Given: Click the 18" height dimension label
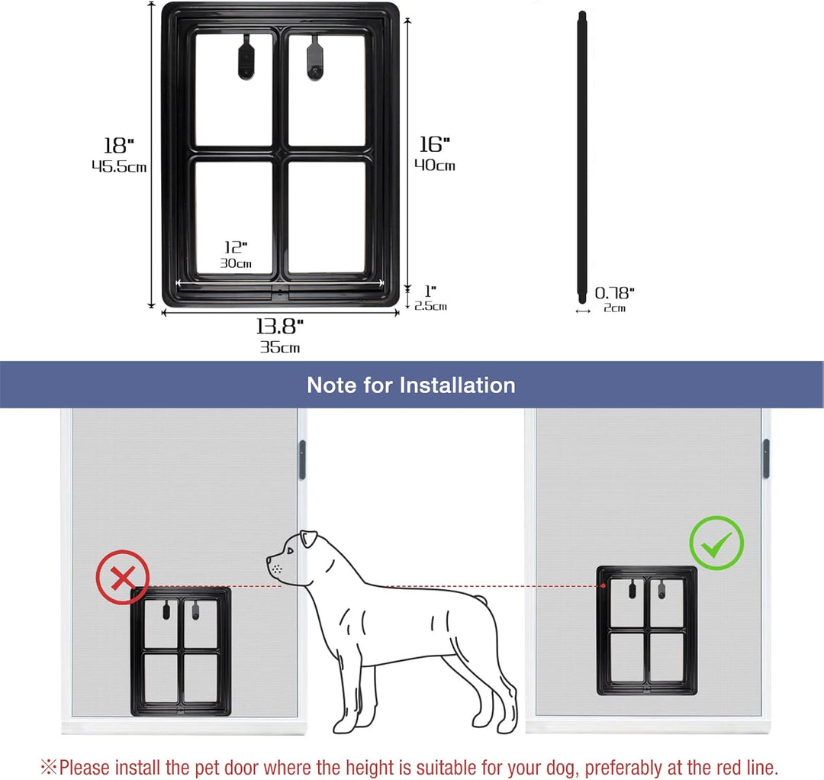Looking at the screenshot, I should (x=119, y=146).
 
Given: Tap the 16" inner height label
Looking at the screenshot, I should (x=435, y=144).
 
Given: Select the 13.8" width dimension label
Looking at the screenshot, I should (x=279, y=327).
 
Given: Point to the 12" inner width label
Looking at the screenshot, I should (x=236, y=247).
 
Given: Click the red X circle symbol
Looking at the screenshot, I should (x=122, y=577).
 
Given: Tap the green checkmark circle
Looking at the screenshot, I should (x=716, y=542).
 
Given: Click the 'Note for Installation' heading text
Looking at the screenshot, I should (x=410, y=385).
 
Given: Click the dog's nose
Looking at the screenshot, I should (x=269, y=562).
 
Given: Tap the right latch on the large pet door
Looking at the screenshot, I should (x=314, y=57).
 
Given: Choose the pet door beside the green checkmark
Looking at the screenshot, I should (x=646, y=630).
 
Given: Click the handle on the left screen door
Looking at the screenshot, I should (x=302, y=459).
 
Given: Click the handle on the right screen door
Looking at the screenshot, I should (x=766, y=458).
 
